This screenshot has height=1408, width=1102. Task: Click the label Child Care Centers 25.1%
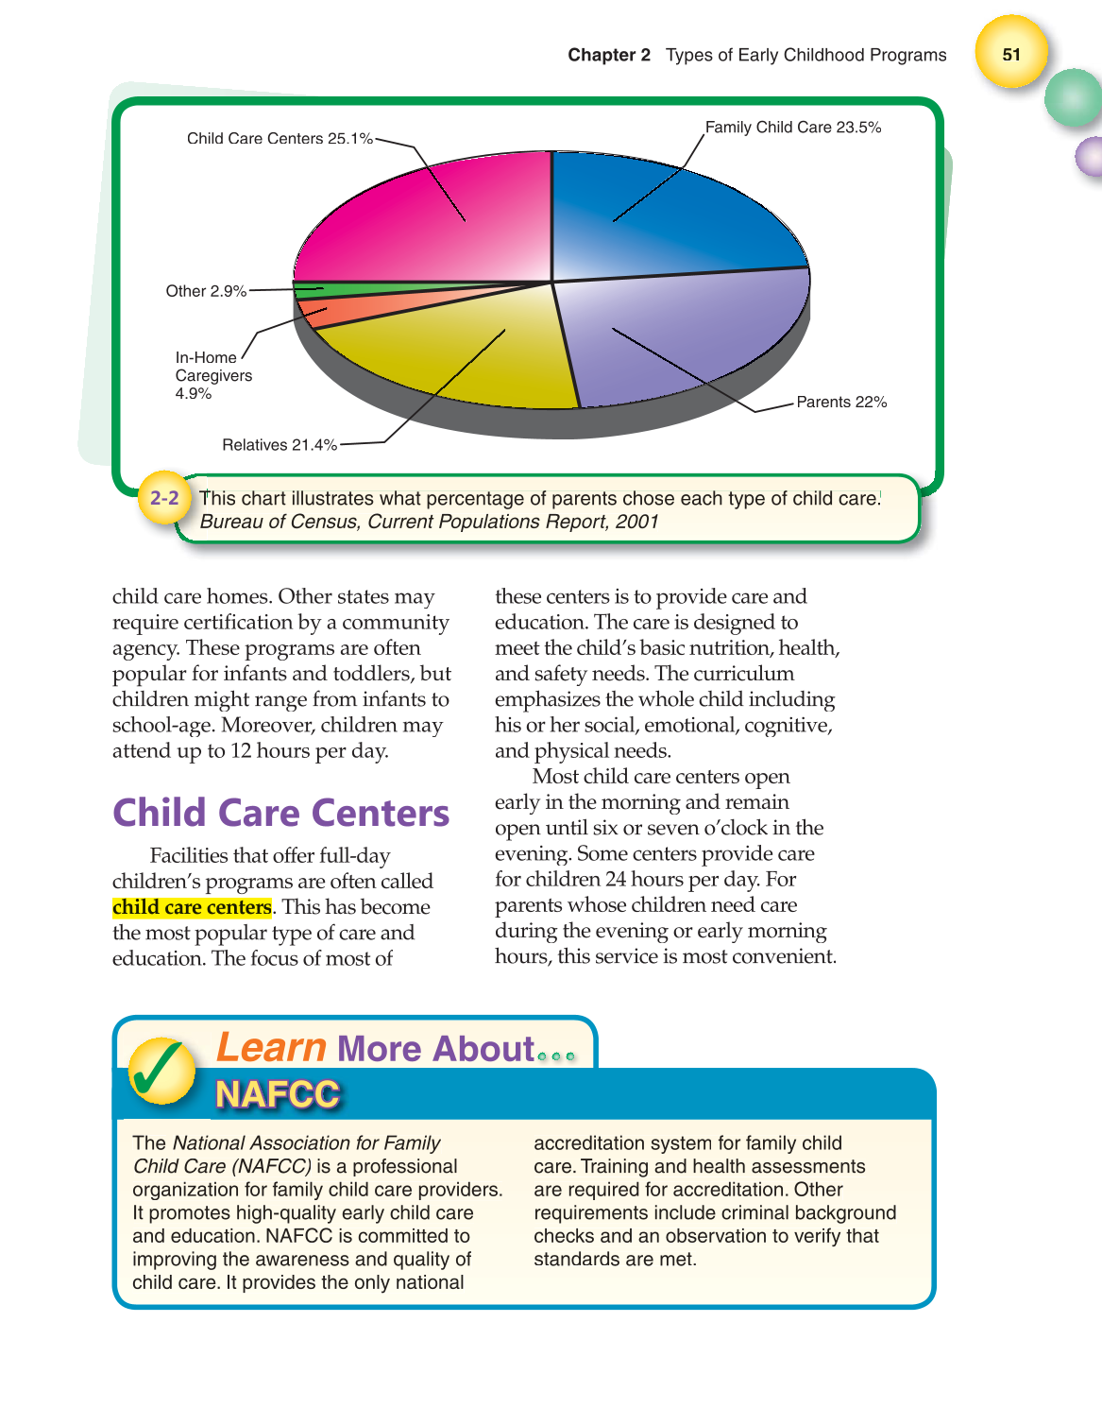tap(280, 139)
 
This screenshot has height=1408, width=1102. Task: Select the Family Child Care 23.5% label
tap(792, 128)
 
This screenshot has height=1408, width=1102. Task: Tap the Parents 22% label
tap(841, 403)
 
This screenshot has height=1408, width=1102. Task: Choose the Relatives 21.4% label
tap(280, 445)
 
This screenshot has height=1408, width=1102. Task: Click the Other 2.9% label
tap(206, 291)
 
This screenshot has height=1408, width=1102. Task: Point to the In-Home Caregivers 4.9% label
tap(213, 375)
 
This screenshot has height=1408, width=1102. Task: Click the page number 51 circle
tap(1011, 54)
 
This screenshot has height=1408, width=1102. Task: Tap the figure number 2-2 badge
tap(164, 498)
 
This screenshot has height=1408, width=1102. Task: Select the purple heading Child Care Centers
tap(280, 814)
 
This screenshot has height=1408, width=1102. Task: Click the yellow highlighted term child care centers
tap(192, 907)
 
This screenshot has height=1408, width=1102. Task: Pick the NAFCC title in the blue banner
tap(277, 1094)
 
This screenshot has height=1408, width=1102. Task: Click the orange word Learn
tap(271, 1048)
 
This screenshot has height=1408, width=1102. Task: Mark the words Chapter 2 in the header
tap(608, 55)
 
